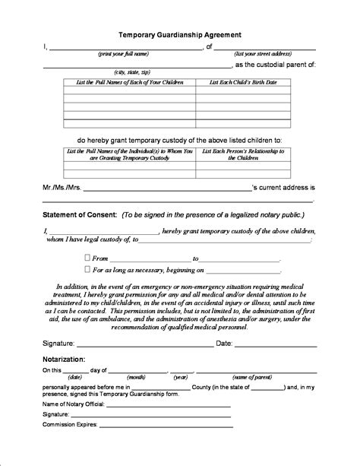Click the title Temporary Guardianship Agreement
pos(179,35)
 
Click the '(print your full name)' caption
pos(122,55)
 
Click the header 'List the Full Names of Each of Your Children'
pos(128,82)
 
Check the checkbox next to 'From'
pos(87,258)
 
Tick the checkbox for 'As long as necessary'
pos(87,269)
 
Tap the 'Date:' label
pos(224,343)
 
